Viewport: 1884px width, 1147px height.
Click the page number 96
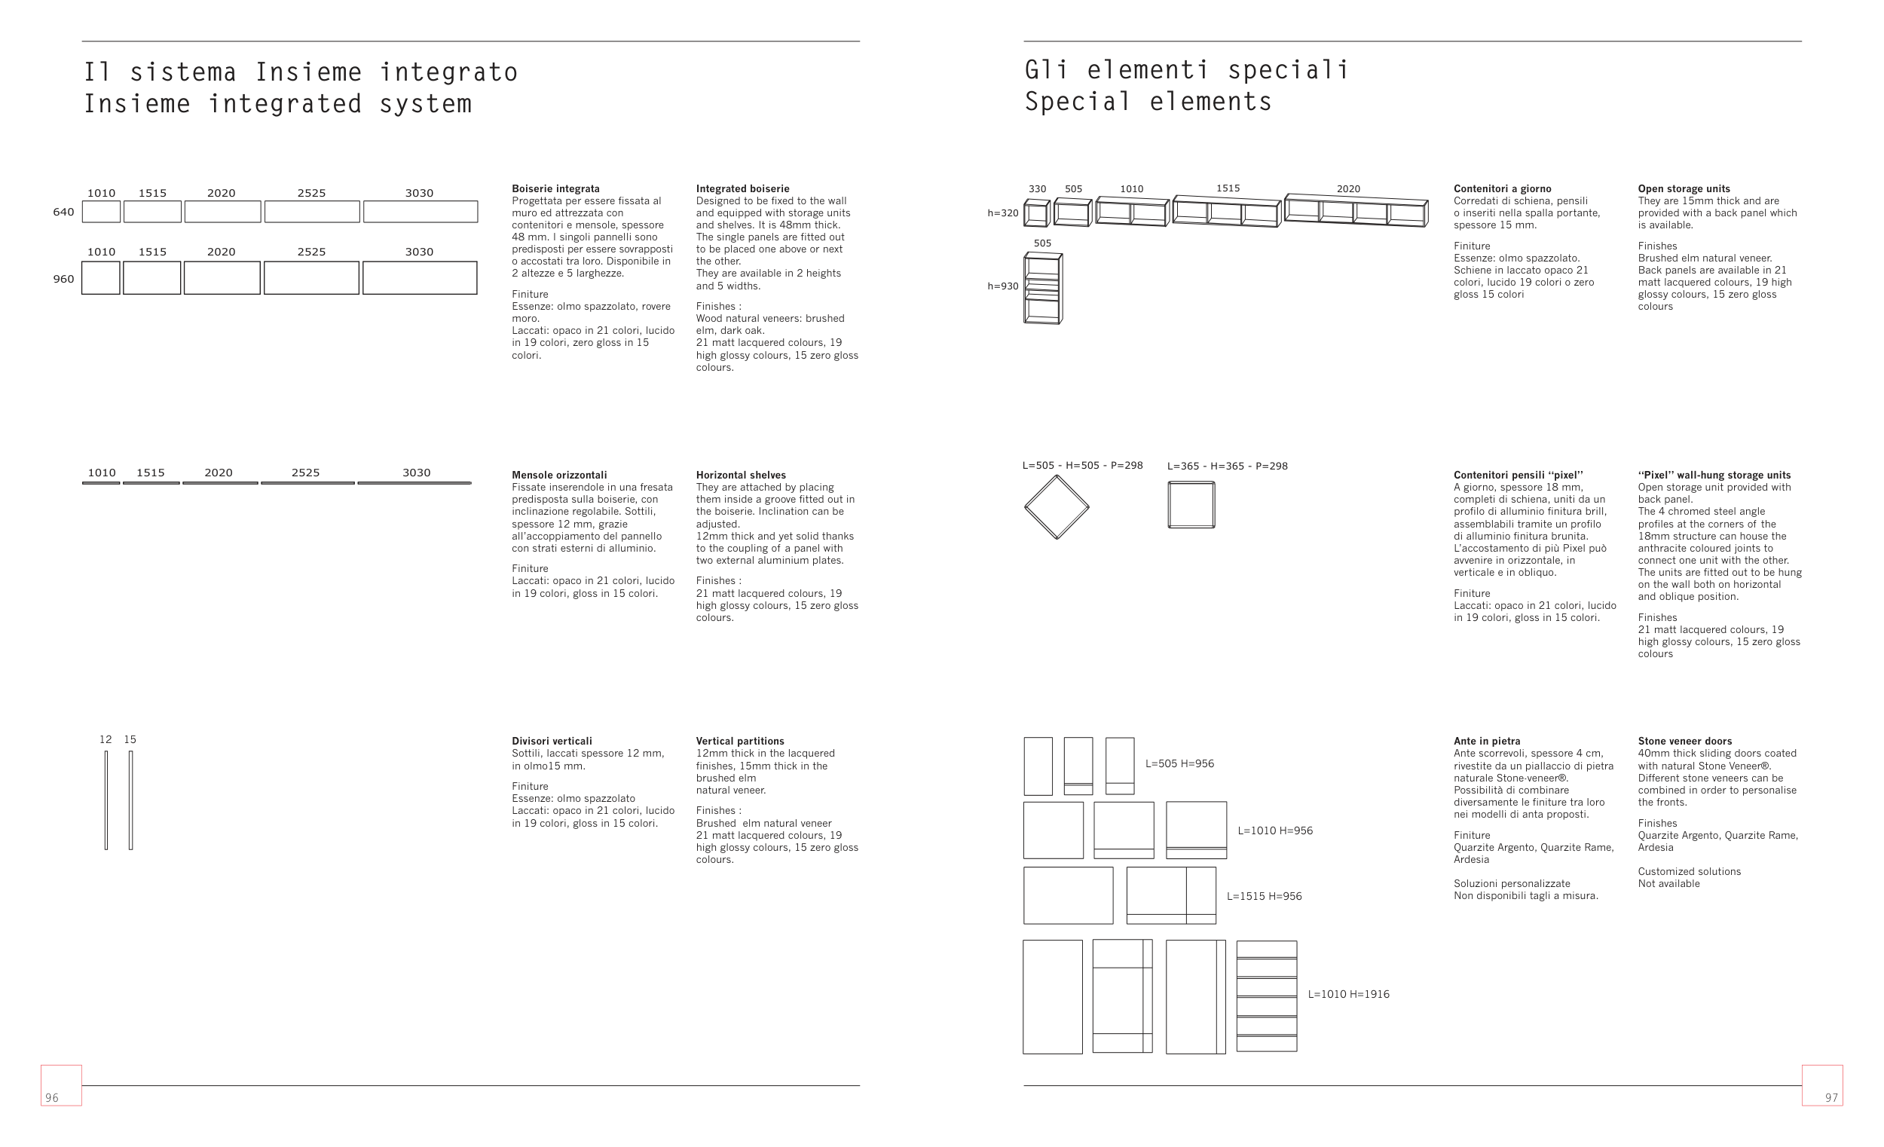click(x=52, y=1097)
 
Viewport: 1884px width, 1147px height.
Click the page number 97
click(x=1831, y=1097)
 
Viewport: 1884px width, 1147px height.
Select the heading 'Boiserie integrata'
click(x=556, y=188)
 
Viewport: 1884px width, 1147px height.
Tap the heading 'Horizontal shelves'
click(x=741, y=475)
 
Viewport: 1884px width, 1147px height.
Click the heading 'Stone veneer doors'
click(x=1684, y=741)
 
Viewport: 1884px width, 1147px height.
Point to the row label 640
click(x=63, y=212)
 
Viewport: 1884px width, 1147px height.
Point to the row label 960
click(x=63, y=279)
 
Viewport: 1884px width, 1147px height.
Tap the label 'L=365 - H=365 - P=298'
click(x=1227, y=466)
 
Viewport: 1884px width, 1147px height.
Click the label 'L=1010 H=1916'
click(x=1349, y=994)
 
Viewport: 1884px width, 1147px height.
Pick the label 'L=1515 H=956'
click(x=1264, y=896)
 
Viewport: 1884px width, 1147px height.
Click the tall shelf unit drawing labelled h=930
click(x=1043, y=289)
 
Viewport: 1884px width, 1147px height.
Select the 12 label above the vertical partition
click(x=106, y=739)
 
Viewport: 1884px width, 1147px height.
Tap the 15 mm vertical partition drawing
click(x=130, y=800)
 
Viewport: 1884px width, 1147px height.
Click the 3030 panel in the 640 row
click(x=421, y=212)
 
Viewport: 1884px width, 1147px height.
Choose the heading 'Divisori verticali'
click(x=552, y=741)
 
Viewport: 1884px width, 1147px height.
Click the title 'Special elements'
click(x=1148, y=102)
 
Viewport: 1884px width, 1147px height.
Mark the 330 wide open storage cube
click(x=1037, y=213)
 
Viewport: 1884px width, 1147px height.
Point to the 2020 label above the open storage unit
click(x=1349, y=189)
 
